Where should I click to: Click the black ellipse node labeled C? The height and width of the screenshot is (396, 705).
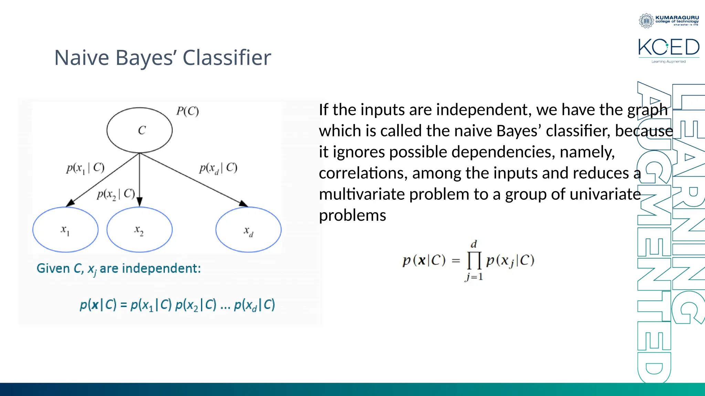139,130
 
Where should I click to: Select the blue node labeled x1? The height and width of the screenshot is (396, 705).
65,230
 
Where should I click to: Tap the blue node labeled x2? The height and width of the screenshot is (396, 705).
139,230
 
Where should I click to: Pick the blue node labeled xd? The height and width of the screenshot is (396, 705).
248,230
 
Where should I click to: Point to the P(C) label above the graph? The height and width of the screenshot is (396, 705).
187,111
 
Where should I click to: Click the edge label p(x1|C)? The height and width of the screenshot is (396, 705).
85,168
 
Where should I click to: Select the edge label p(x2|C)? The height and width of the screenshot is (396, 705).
116,195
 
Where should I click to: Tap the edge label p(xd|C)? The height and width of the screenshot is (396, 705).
218,168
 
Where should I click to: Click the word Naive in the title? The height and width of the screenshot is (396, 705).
82,57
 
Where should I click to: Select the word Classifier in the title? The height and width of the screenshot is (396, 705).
227,57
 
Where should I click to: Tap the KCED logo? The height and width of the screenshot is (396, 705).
669,48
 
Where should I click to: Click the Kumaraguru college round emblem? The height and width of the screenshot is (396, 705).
646,21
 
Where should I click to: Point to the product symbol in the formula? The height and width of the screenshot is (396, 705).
474,261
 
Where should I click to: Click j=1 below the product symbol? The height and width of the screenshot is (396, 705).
474,277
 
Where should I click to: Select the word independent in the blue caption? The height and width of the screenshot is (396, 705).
161,268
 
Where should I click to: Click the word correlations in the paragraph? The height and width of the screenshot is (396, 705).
363,173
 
